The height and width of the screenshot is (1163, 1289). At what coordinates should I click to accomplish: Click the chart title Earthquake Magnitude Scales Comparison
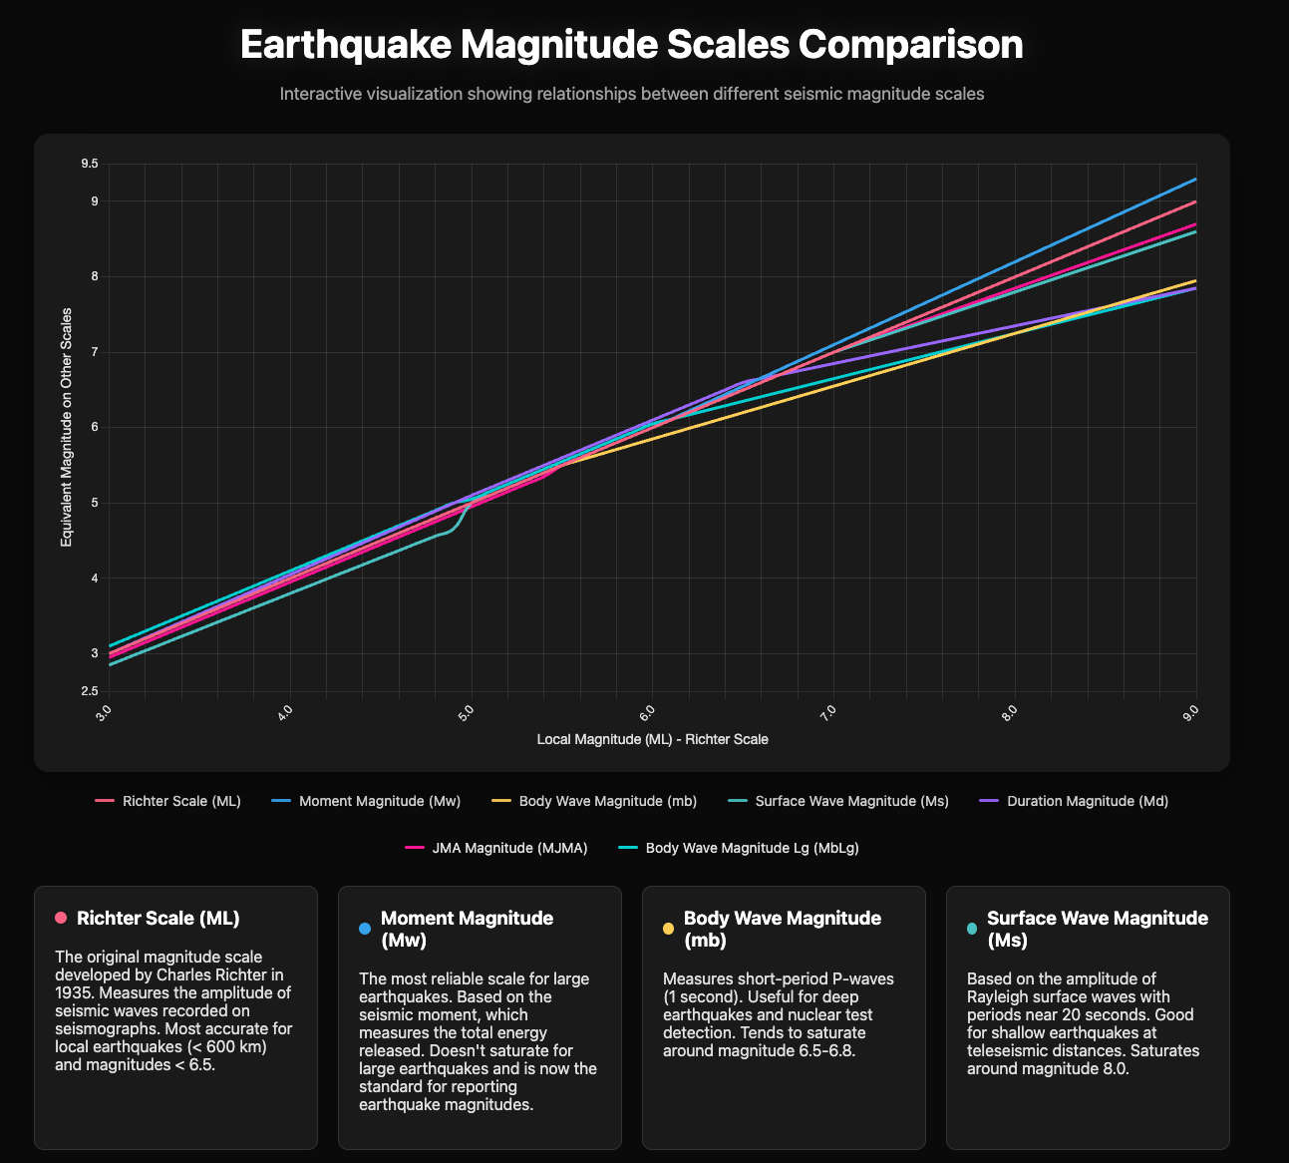pyautogui.click(x=632, y=46)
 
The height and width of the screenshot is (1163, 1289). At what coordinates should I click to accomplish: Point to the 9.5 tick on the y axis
pyautogui.click(x=90, y=164)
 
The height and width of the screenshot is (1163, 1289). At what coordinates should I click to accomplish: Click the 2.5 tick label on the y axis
pyautogui.click(x=90, y=691)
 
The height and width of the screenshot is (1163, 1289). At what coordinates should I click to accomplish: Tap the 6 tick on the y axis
pyautogui.click(x=95, y=427)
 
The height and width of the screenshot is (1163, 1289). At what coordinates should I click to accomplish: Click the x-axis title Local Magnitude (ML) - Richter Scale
pyautogui.click(x=652, y=740)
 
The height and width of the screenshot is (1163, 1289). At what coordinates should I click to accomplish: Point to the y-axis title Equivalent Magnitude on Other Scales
pyautogui.click(x=66, y=427)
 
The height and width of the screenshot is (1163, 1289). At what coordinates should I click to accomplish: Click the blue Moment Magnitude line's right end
pyautogui.click(x=1194, y=180)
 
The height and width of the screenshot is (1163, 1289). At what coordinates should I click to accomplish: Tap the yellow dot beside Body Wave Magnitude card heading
pyautogui.click(x=668, y=929)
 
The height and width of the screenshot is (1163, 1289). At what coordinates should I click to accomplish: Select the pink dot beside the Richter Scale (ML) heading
pyautogui.click(x=61, y=918)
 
